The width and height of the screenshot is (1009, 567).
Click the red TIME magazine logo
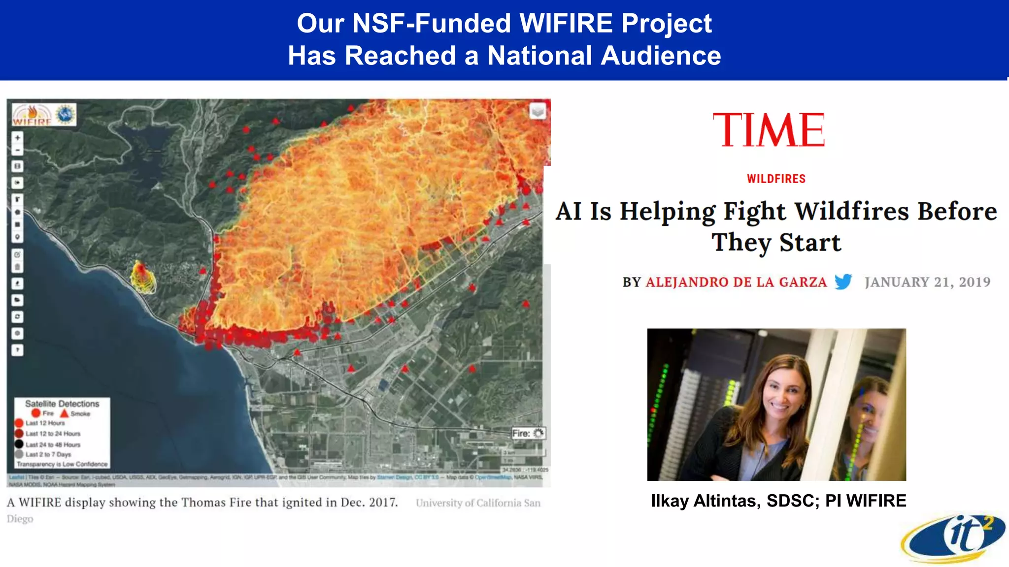(x=769, y=130)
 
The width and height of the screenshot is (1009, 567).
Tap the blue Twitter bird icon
(x=843, y=282)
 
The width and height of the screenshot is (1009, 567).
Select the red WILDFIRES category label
(x=776, y=179)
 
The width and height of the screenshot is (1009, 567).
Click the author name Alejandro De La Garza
(x=736, y=282)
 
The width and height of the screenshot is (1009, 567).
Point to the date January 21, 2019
(x=927, y=282)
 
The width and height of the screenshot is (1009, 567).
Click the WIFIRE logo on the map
(x=33, y=115)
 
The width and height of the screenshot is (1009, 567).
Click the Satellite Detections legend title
(x=62, y=404)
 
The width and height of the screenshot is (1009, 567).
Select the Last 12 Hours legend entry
(x=45, y=423)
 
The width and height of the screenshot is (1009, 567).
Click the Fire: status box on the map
(x=528, y=433)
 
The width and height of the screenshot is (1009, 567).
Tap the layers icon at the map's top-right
(x=538, y=111)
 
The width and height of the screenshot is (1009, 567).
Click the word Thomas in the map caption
(x=203, y=503)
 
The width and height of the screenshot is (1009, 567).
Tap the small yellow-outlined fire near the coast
(x=143, y=278)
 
